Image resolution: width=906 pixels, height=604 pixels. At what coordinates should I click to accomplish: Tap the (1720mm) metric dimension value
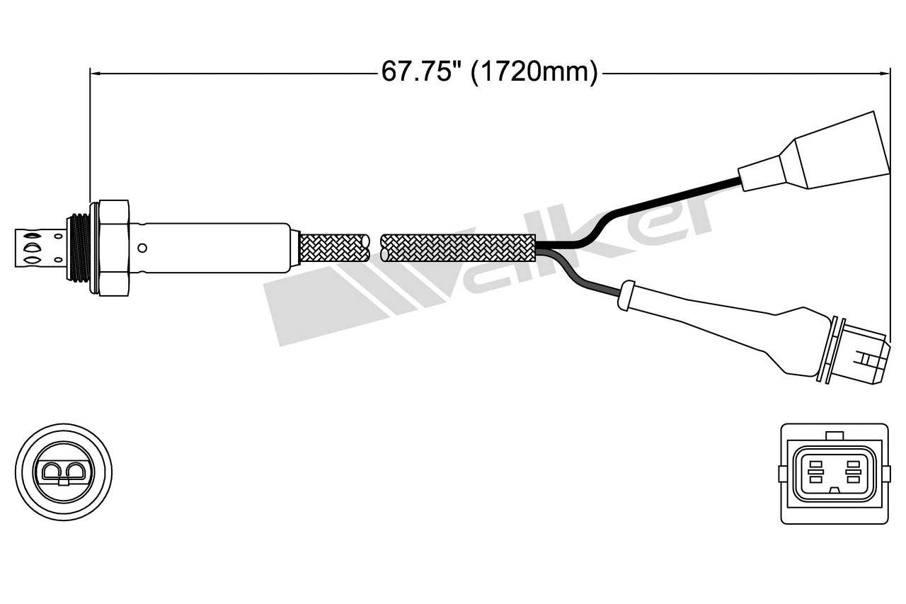point(534,72)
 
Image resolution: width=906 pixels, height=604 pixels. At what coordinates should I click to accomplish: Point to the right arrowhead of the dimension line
point(884,72)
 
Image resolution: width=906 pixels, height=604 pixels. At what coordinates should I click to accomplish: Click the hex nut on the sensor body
point(113,247)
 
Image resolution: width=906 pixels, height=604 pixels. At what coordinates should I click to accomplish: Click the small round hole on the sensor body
point(142,248)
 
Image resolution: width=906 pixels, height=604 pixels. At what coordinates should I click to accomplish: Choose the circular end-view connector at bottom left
point(64,472)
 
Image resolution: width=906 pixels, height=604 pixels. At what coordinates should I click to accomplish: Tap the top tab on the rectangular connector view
point(835,435)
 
